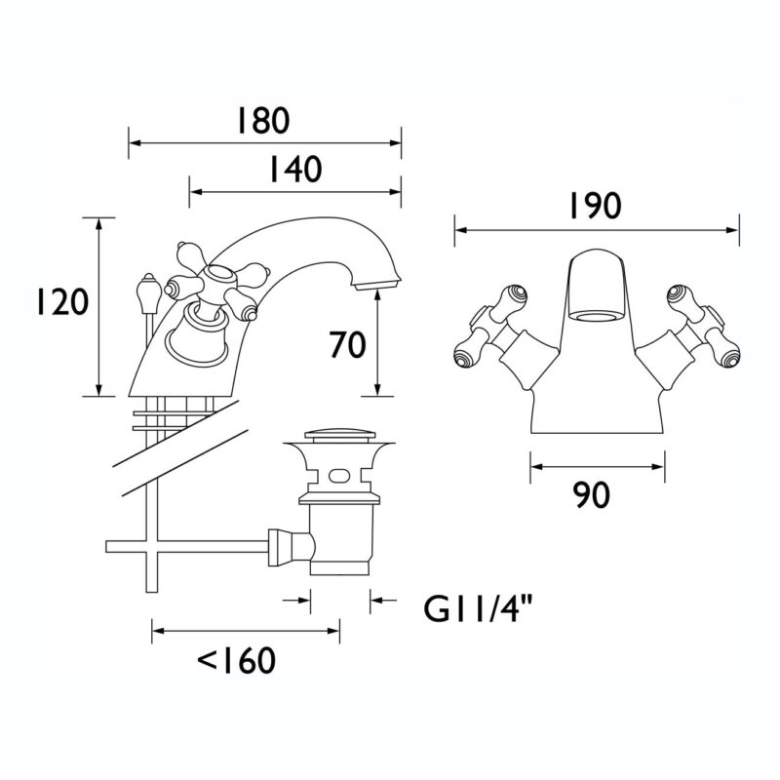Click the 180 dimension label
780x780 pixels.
(x=262, y=121)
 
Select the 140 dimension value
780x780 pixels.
(x=295, y=169)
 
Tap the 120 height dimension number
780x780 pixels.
(x=62, y=302)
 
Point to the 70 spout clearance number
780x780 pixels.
(x=347, y=345)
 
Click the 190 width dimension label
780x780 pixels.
(x=595, y=206)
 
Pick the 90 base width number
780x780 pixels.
(x=591, y=495)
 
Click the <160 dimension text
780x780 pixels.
(x=237, y=660)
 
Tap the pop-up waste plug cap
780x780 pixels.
(x=339, y=436)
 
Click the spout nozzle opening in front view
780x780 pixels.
(x=595, y=318)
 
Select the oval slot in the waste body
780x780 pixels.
(x=339, y=476)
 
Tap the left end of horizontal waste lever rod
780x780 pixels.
(x=106, y=547)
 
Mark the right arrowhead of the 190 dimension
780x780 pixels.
(x=733, y=230)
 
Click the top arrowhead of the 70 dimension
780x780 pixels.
(x=378, y=297)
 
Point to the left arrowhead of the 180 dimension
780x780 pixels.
(x=136, y=143)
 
